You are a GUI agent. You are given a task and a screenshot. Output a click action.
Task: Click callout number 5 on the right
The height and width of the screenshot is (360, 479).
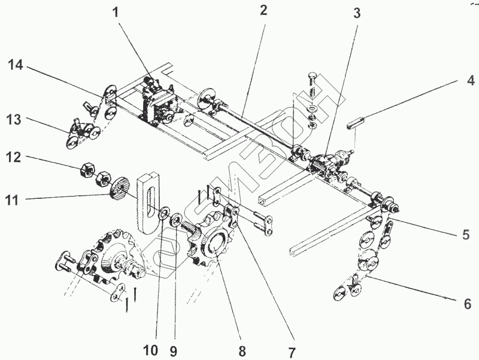(x=465, y=235)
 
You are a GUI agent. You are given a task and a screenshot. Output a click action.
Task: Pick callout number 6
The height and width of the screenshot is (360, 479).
(x=468, y=304)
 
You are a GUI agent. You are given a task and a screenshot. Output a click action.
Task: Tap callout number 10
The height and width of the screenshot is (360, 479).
(x=150, y=350)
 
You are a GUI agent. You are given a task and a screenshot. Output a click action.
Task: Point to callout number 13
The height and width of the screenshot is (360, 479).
(x=14, y=120)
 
